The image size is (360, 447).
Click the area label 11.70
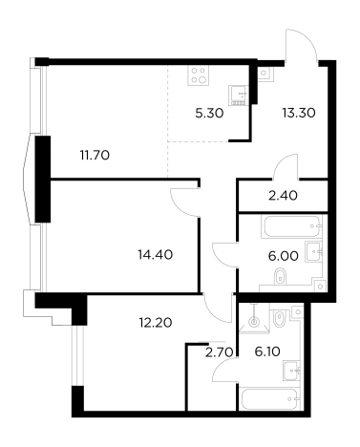click(95, 156)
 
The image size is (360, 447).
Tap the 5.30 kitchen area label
click(209, 113)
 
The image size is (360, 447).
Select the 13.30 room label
click(299, 113)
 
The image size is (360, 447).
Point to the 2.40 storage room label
click(283, 196)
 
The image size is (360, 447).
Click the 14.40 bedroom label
click(156, 254)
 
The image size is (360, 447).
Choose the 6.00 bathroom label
click(284, 256)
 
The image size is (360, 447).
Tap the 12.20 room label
click(156, 323)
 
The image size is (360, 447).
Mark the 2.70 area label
click(220, 352)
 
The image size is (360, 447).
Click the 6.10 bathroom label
click(267, 351)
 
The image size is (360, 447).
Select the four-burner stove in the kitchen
click(199, 75)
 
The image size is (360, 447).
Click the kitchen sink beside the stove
click(239, 96)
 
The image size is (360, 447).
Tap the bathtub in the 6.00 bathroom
click(291, 226)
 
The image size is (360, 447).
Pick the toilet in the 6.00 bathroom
click(280, 276)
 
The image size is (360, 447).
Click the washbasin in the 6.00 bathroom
click(313, 251)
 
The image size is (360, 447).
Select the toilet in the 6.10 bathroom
click(280, 317)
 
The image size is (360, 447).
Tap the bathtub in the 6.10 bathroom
click(270, 399)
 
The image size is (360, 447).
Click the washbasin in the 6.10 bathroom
click(292, 371)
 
